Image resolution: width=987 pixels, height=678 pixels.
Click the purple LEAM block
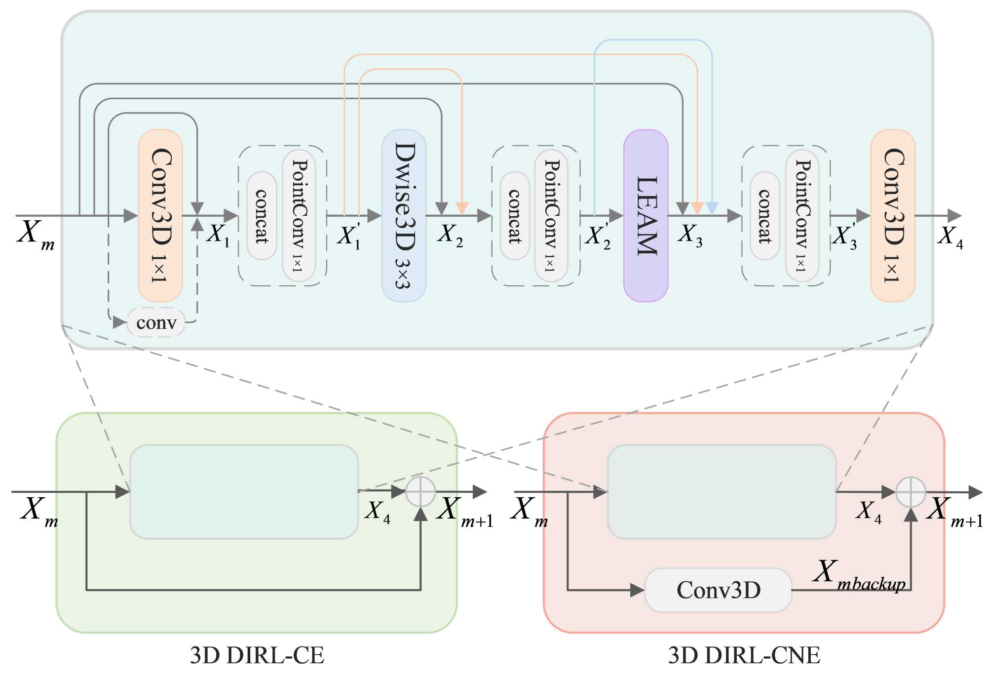(645, 215)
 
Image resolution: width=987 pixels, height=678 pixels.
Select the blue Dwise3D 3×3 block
(404, 215)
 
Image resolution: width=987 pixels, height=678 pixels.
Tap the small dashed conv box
(156, 322)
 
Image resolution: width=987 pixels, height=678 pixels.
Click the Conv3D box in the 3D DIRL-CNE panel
(718, 590)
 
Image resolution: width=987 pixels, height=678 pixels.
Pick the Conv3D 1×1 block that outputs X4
(893, 215)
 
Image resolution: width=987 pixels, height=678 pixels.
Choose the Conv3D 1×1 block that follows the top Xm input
(160, 215)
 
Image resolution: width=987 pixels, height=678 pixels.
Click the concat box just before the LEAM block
(515, 216)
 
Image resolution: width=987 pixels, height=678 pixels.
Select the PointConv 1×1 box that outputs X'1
(299, 215)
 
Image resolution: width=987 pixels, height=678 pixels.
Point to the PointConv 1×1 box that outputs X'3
(802, 215)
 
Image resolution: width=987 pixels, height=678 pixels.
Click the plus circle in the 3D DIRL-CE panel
(420, 492)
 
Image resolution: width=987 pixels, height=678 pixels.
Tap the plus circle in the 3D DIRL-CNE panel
(911, 492)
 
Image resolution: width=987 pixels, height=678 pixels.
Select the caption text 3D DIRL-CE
(257, 655)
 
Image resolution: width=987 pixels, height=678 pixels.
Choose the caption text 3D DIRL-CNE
(744, 655)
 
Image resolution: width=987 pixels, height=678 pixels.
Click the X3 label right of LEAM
(690, 234)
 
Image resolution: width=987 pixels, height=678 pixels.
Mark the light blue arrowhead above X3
(712, 208)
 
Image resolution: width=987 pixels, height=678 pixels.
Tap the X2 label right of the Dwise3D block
(450, 234)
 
